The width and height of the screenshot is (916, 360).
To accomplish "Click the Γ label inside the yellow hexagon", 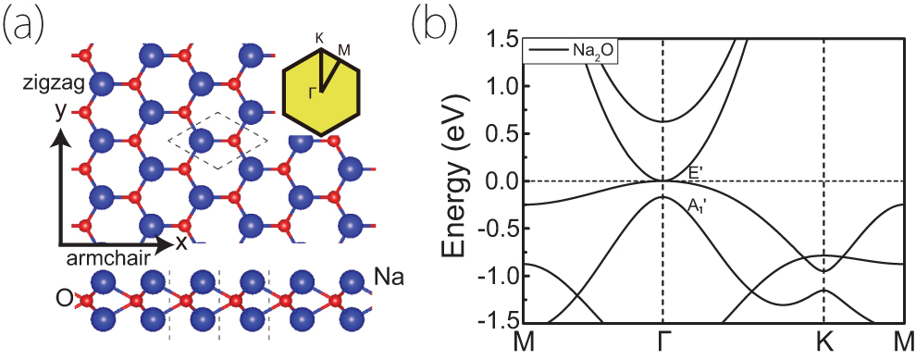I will tap(314, 93).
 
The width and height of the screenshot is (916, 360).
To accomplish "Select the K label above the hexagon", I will tap(320, 38).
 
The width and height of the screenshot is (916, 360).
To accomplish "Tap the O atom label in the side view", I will tap(65, 300).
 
